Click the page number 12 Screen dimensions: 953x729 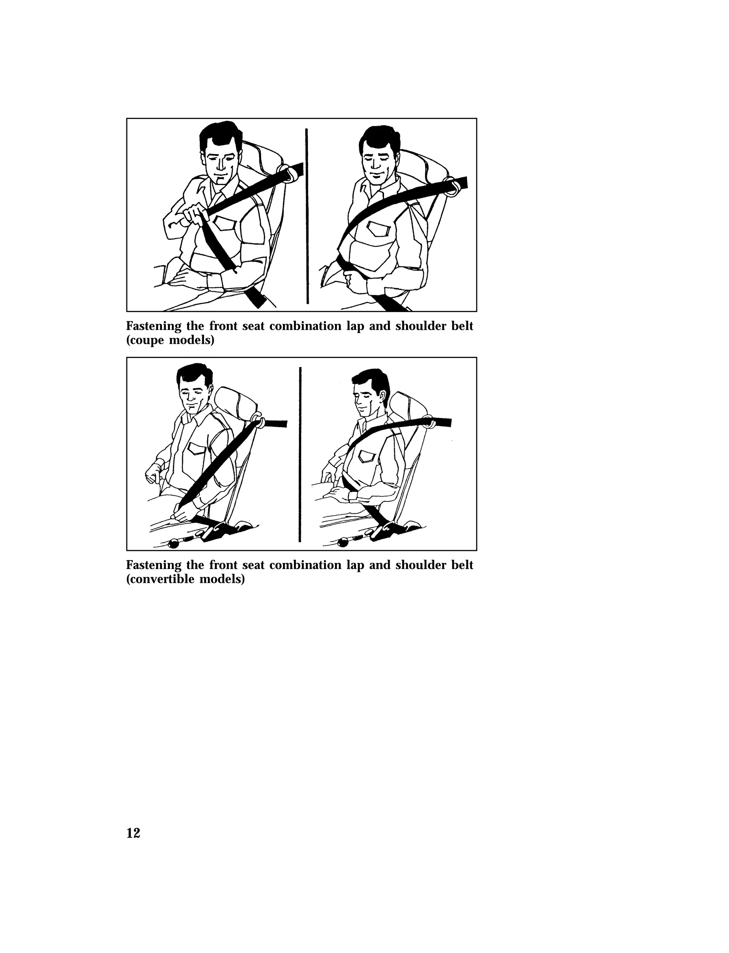coord(133,833)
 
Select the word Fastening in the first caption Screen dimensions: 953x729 coord(153,326)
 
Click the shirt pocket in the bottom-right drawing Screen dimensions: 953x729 coord(366,456)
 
